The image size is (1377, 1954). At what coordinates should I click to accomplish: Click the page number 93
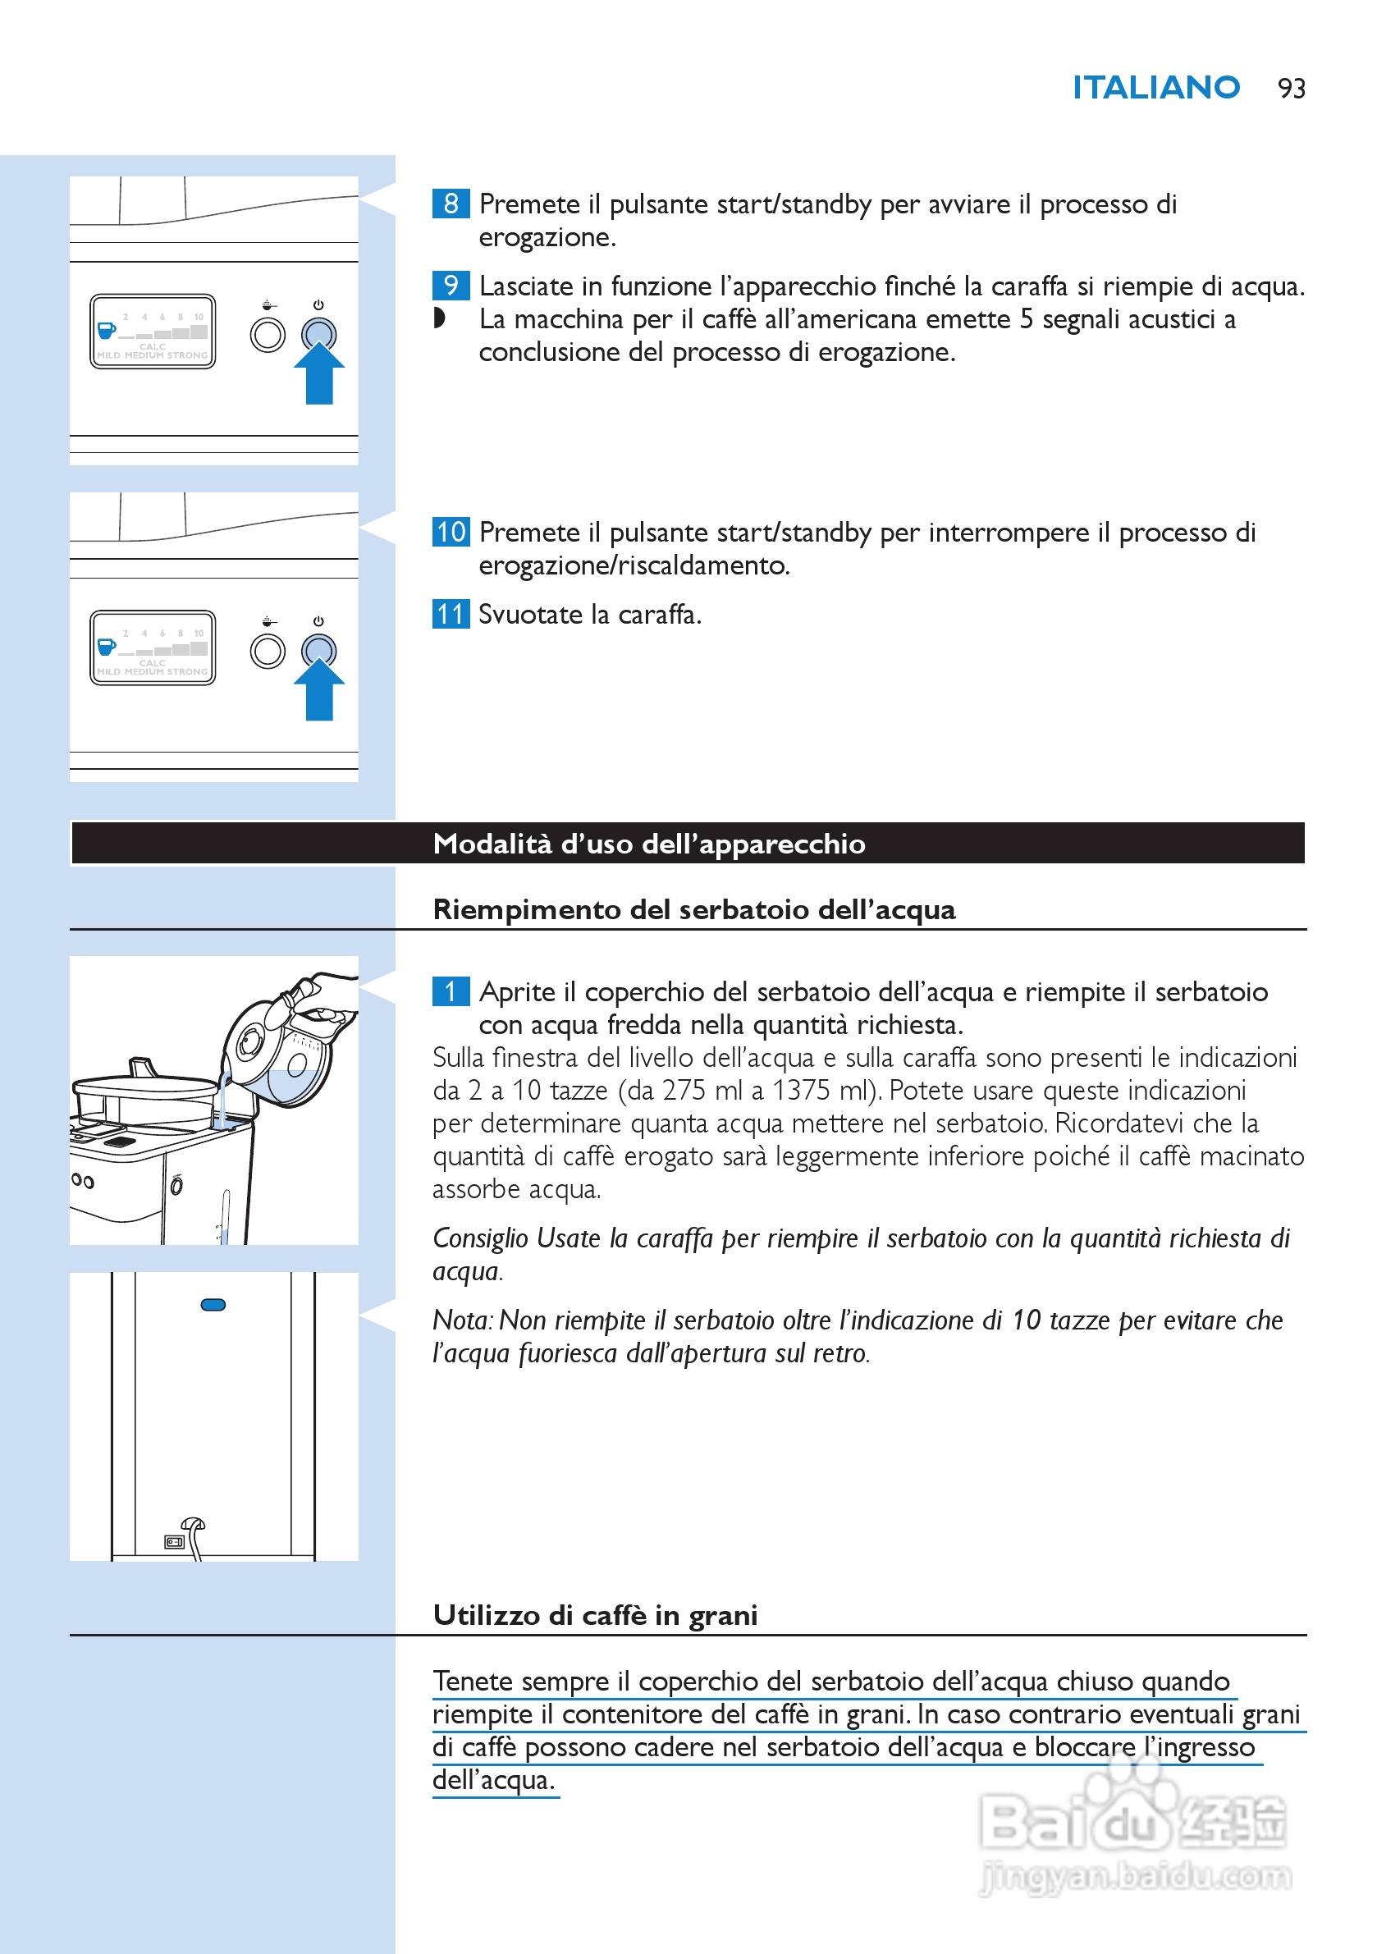[x=1290, y=89]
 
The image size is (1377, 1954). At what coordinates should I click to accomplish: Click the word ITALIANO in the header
[x=1155, y=88]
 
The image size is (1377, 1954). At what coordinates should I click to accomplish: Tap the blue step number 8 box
[x=451, y=204]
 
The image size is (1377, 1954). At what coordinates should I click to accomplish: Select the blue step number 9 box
[x=451, y=285]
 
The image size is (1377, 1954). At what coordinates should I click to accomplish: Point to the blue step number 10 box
[x=451, y=532]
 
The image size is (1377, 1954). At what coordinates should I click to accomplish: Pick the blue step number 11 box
[x=451, y=614]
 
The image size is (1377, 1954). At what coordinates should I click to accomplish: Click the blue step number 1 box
[x=451, y=991]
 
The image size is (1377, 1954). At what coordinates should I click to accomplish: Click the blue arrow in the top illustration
[x=319, y=374]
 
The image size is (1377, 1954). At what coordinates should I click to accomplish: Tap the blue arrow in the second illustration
[x=319, y=690]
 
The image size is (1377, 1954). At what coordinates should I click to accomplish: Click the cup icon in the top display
[x=107, y=329]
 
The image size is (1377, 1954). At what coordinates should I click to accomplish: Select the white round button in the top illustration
[x=268, y=336]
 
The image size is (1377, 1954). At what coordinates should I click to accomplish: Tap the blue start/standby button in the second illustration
[x=319, y=651]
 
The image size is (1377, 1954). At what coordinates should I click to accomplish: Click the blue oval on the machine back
[x=213, y=1305]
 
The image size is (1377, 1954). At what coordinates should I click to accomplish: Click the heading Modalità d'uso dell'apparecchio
[x=648, y=844]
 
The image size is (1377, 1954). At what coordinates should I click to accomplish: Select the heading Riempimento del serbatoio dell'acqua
[x=693, y=910]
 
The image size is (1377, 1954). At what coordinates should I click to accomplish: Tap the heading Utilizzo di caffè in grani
[x=595, y=1615]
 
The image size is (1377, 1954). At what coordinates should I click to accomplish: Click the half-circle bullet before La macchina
[x=439, y=318]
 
